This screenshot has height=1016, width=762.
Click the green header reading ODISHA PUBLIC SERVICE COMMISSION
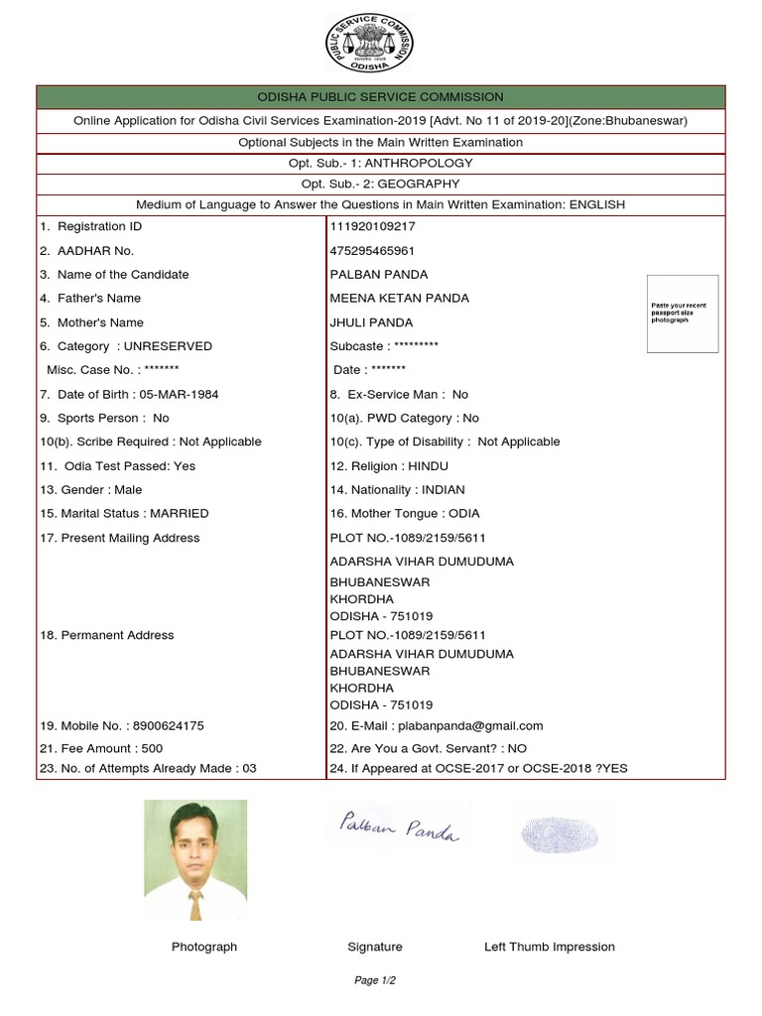(381, 96)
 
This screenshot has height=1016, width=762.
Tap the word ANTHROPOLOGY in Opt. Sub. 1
(420, 163)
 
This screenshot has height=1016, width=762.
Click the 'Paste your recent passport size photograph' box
(682, 314)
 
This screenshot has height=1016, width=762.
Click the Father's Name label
(98, 298)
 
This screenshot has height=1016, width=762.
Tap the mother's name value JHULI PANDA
(371, 322)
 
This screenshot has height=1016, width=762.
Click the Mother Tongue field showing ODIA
(463, 514)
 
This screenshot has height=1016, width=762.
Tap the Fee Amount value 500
(152, 748)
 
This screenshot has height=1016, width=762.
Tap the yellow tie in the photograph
(196, 902)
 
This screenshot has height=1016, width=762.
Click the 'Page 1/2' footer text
(375, 980)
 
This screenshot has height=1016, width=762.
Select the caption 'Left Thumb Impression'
(549, 947)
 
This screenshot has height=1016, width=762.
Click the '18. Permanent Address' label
(107, 635)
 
